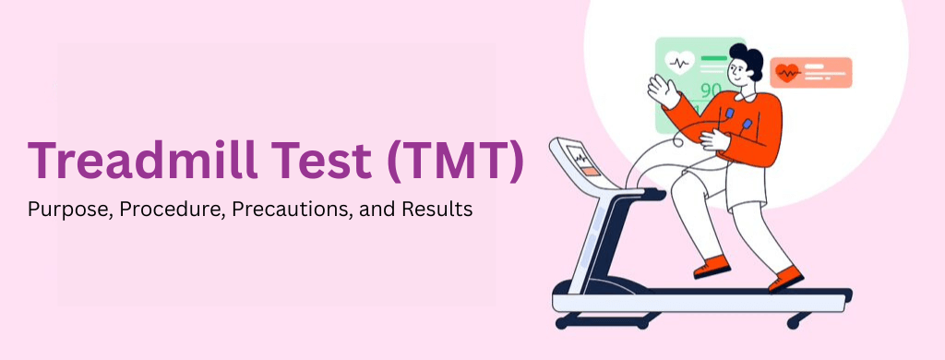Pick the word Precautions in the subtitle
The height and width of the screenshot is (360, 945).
282,210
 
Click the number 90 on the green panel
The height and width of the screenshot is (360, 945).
711,90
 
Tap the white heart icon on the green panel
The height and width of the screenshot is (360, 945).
680,64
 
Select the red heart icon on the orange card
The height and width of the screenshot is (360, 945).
787,72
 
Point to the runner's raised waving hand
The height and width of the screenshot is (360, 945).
659,90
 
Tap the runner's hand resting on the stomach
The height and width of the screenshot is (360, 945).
712,139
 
